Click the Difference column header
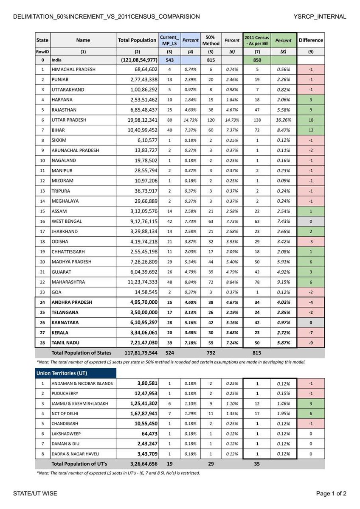point(311,40)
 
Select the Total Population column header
point(137,40)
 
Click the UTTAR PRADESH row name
point(68,120)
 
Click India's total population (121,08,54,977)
point(137,60)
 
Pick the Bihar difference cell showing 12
point(311,130)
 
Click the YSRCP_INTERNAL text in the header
point(320,17)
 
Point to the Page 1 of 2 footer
point(331,493)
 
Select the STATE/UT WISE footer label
point(35,493)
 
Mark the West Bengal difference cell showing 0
point(311,221)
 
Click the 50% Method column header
point(211,40)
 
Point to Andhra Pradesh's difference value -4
point(311,302)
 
